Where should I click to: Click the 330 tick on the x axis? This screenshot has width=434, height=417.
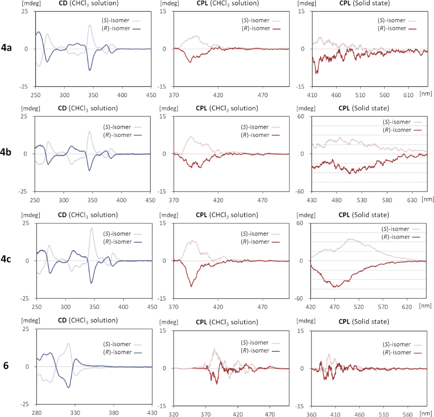click(x=75, y=411)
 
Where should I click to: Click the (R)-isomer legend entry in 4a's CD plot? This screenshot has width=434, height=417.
click(x=117, y=28)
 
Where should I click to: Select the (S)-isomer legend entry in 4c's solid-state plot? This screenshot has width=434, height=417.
click(x=395, y=229)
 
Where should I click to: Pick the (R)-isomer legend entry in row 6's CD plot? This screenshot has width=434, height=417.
click(x=117, y=352)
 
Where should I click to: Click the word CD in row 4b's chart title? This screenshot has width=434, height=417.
click(x=62, y=108)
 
